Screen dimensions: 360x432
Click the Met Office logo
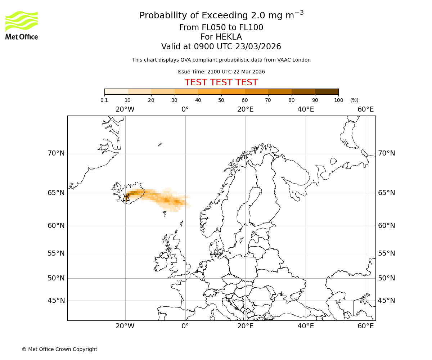pyautogui.click(x=22, y=25)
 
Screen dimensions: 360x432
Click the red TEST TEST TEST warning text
pyautogui.click(x=221, y=82)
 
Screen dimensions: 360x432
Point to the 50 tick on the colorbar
pyautogui.click(x=221, y=100)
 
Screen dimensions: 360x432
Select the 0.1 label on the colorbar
pyautogui.click(x=104, y=100)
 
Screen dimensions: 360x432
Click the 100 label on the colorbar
pyautogui.click(x=338, y=100)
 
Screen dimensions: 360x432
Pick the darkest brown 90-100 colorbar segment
pyautogui.click(x=327, y=91)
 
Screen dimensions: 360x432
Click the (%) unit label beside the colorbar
pyautogui.click(x=354, y=100)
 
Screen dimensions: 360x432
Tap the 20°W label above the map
pyautogui.click(x=125, y=109)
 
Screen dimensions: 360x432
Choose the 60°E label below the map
pyautogui.click(x=366, y=326)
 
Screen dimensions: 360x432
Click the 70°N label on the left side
pyautogui.click(x=56, y=153)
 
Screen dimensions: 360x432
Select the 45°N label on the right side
pyautogui.click(x=386, y=301)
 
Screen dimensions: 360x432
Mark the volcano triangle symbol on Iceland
pyautogui.click(x=126, y=197)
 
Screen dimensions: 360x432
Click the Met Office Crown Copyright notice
pyautogui.click(x=59, y=349)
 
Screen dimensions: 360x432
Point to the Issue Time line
pyautogui.click(x=221, y=72)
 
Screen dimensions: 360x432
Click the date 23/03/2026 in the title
pyautogui.click(x=258, y=47)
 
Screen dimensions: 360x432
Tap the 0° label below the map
pyautogui.click(x=185, y=326)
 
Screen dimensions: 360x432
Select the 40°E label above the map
pyautogui.click(x=306, y=109)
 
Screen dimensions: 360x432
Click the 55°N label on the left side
pyautogui.click(x=56, y=253)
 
